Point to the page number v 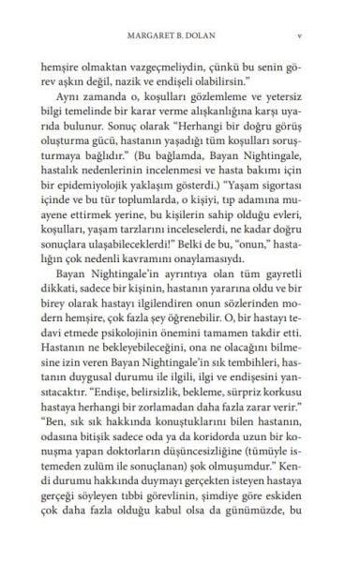point(297,39)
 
